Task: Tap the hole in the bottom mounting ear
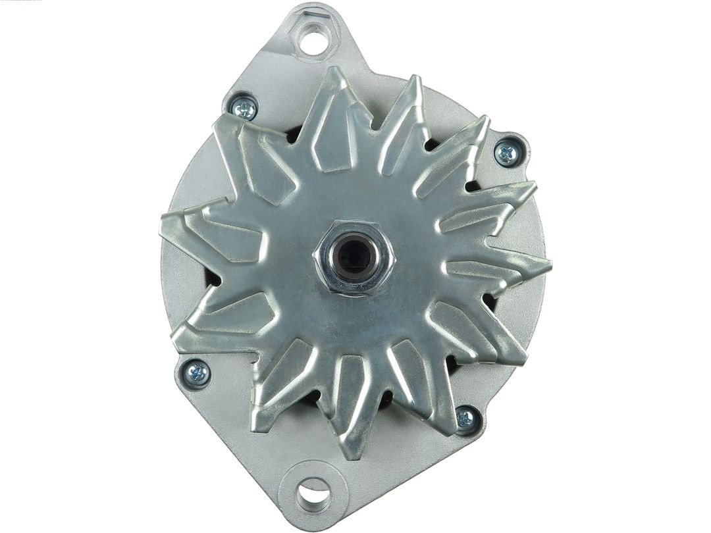(x=313, y=494)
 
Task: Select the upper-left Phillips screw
(x=244, y=109)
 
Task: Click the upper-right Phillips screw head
(x=507, y=154)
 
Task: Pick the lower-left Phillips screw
(x=196, y=373)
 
